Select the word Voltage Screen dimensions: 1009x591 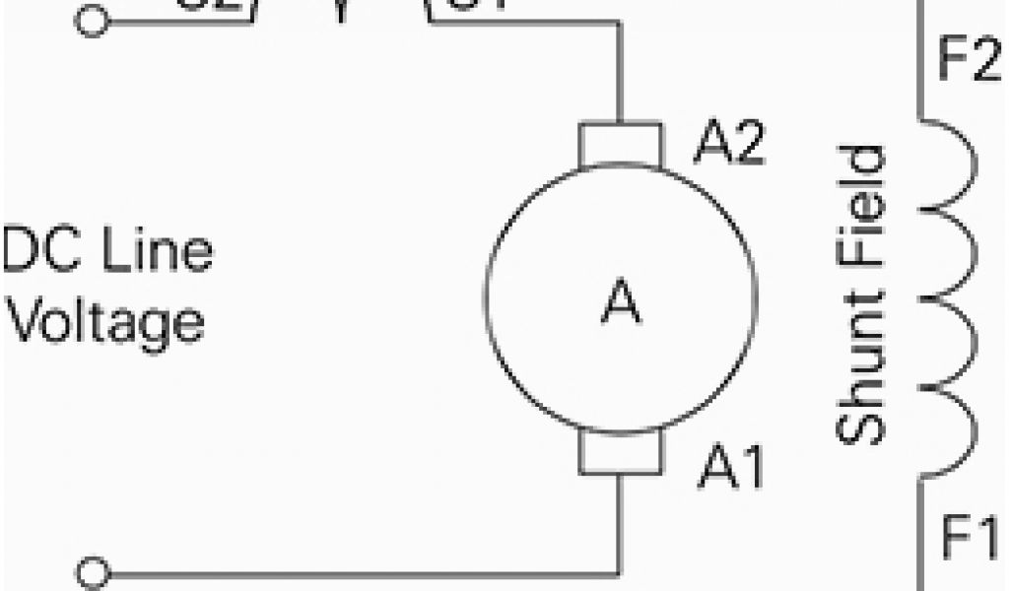(108, 322)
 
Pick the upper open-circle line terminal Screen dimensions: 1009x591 (92, 23)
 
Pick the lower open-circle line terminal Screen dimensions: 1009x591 (93, 572)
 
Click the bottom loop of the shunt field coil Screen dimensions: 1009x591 (951, 433)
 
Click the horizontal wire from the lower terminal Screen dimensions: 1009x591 (355, 572)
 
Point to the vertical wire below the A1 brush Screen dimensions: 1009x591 (620, 522)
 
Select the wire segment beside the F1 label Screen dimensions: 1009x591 (921, 537)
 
